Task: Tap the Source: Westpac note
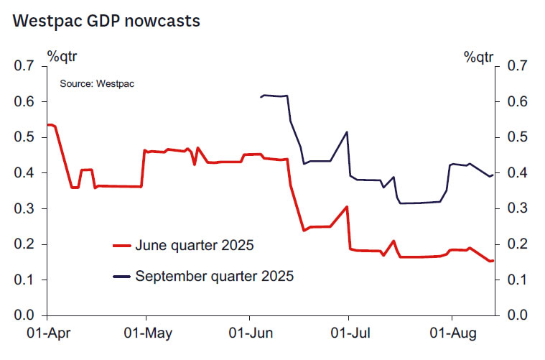(x=97, y=83)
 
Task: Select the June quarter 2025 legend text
(x=194, y=246)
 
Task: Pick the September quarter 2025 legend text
(x=215, y=275)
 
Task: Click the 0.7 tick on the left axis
(x=24, y=67)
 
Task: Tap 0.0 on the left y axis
(x=24, y=315)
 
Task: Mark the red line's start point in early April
(x=47, y=125)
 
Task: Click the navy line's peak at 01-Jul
(x=348, y=132)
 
